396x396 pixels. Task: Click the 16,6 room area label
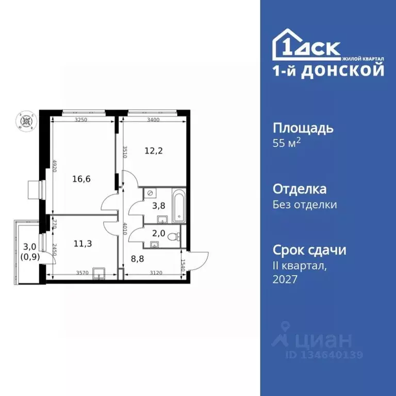(82, 180)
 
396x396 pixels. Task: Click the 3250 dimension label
(80, 120)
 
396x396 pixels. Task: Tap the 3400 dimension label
(153, 120)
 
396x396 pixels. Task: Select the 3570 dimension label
(83, 273)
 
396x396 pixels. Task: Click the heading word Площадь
(303, 128)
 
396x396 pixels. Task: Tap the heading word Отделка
(299, 189)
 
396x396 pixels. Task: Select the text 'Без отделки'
(305, 205)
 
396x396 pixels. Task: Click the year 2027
(285, 279)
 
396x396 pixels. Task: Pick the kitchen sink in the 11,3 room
(101, 274)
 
